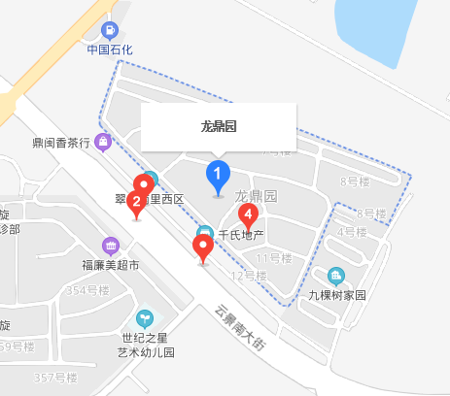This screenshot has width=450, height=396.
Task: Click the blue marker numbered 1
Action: point(219,177)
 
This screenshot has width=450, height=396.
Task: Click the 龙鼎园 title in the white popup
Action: point(219,126)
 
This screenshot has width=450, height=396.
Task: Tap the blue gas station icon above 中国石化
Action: point(109,30)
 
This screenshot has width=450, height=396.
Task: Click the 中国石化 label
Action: point(109,49)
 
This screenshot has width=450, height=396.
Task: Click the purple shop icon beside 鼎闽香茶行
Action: point(104,143)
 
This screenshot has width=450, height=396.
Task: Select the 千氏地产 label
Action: point(241,235)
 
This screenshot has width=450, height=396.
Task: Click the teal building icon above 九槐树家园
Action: point(336,276)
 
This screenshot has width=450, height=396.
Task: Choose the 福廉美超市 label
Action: point(110,264)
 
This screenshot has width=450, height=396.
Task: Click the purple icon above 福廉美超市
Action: point(110,245)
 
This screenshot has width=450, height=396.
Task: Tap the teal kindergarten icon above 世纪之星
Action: point(145,316)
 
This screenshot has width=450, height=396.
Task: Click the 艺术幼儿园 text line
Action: point(145,352)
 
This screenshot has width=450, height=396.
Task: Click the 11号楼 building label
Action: point(274,257)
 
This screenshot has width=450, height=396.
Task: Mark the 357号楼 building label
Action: point(55,378)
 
